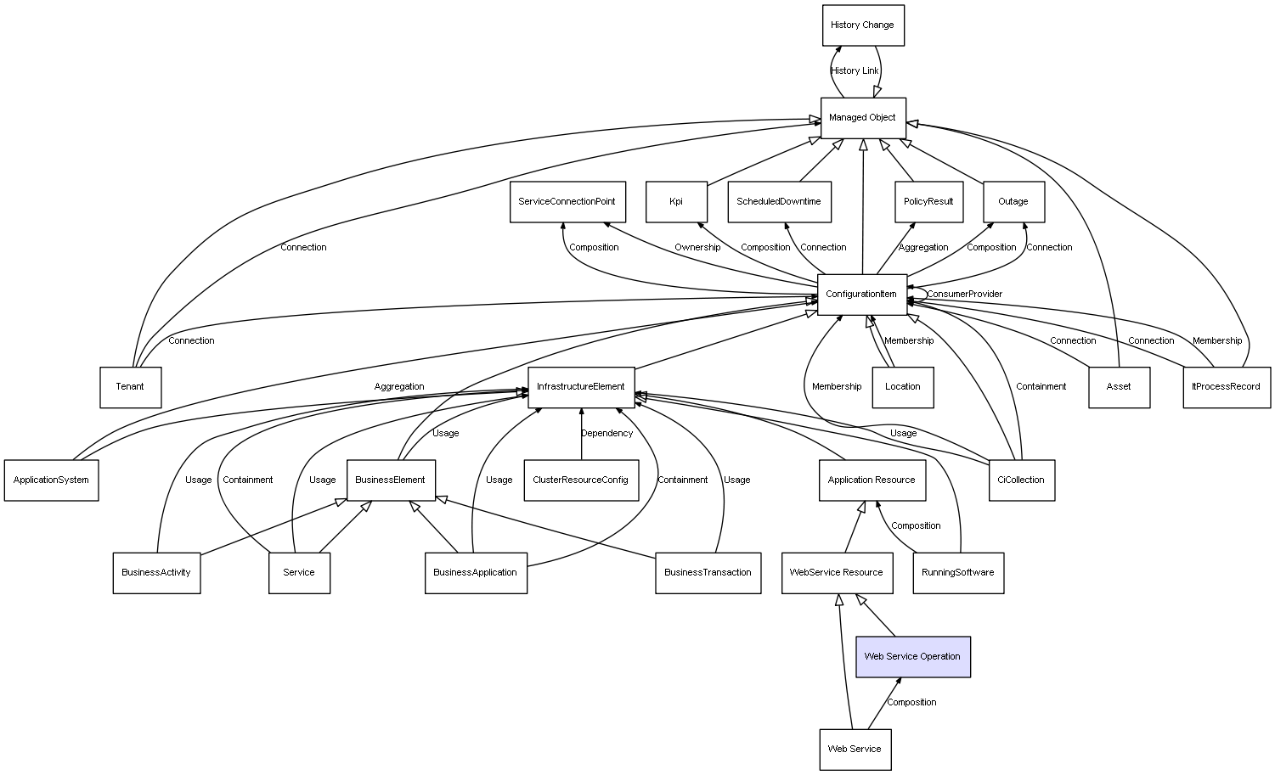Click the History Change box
pyautogui.click(x=862, y=25)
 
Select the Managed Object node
pyautogui.click(x=862, y=118)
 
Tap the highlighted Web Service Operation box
pyautogui.click(x=912, y=657)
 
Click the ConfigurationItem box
pyautogui.click(x=861, y=295)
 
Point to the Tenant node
pyautogui.click(x=130, y=387)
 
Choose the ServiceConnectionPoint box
pyautogui.click(x=567, y=202)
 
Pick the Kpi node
pyautogui.click(x=676, y=202)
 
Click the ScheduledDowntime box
pyautogui.click(x=779, y=202)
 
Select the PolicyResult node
pyautogui.click(x=928, y=202)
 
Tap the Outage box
pyautogui.click(x=1013, y=202)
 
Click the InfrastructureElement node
pyautogui.click(x=581, y=387)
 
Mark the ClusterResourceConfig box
pyautogui.click(x=581, y=480)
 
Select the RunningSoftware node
pyautogui.click(x=958, y=573)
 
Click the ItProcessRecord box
pyautogui.click(x=1226, y=387)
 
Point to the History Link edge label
pyautogui.click(x=855, y=71)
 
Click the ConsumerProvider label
pyautogui.click(x=964, y=295)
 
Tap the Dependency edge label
pyautogui.click(x=606, y=434)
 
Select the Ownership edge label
pyautogui.click(x=697, y=248)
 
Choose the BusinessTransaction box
pyautogui.click(x=708, y=573)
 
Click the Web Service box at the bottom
pyautogui.click(x=855, y=750)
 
